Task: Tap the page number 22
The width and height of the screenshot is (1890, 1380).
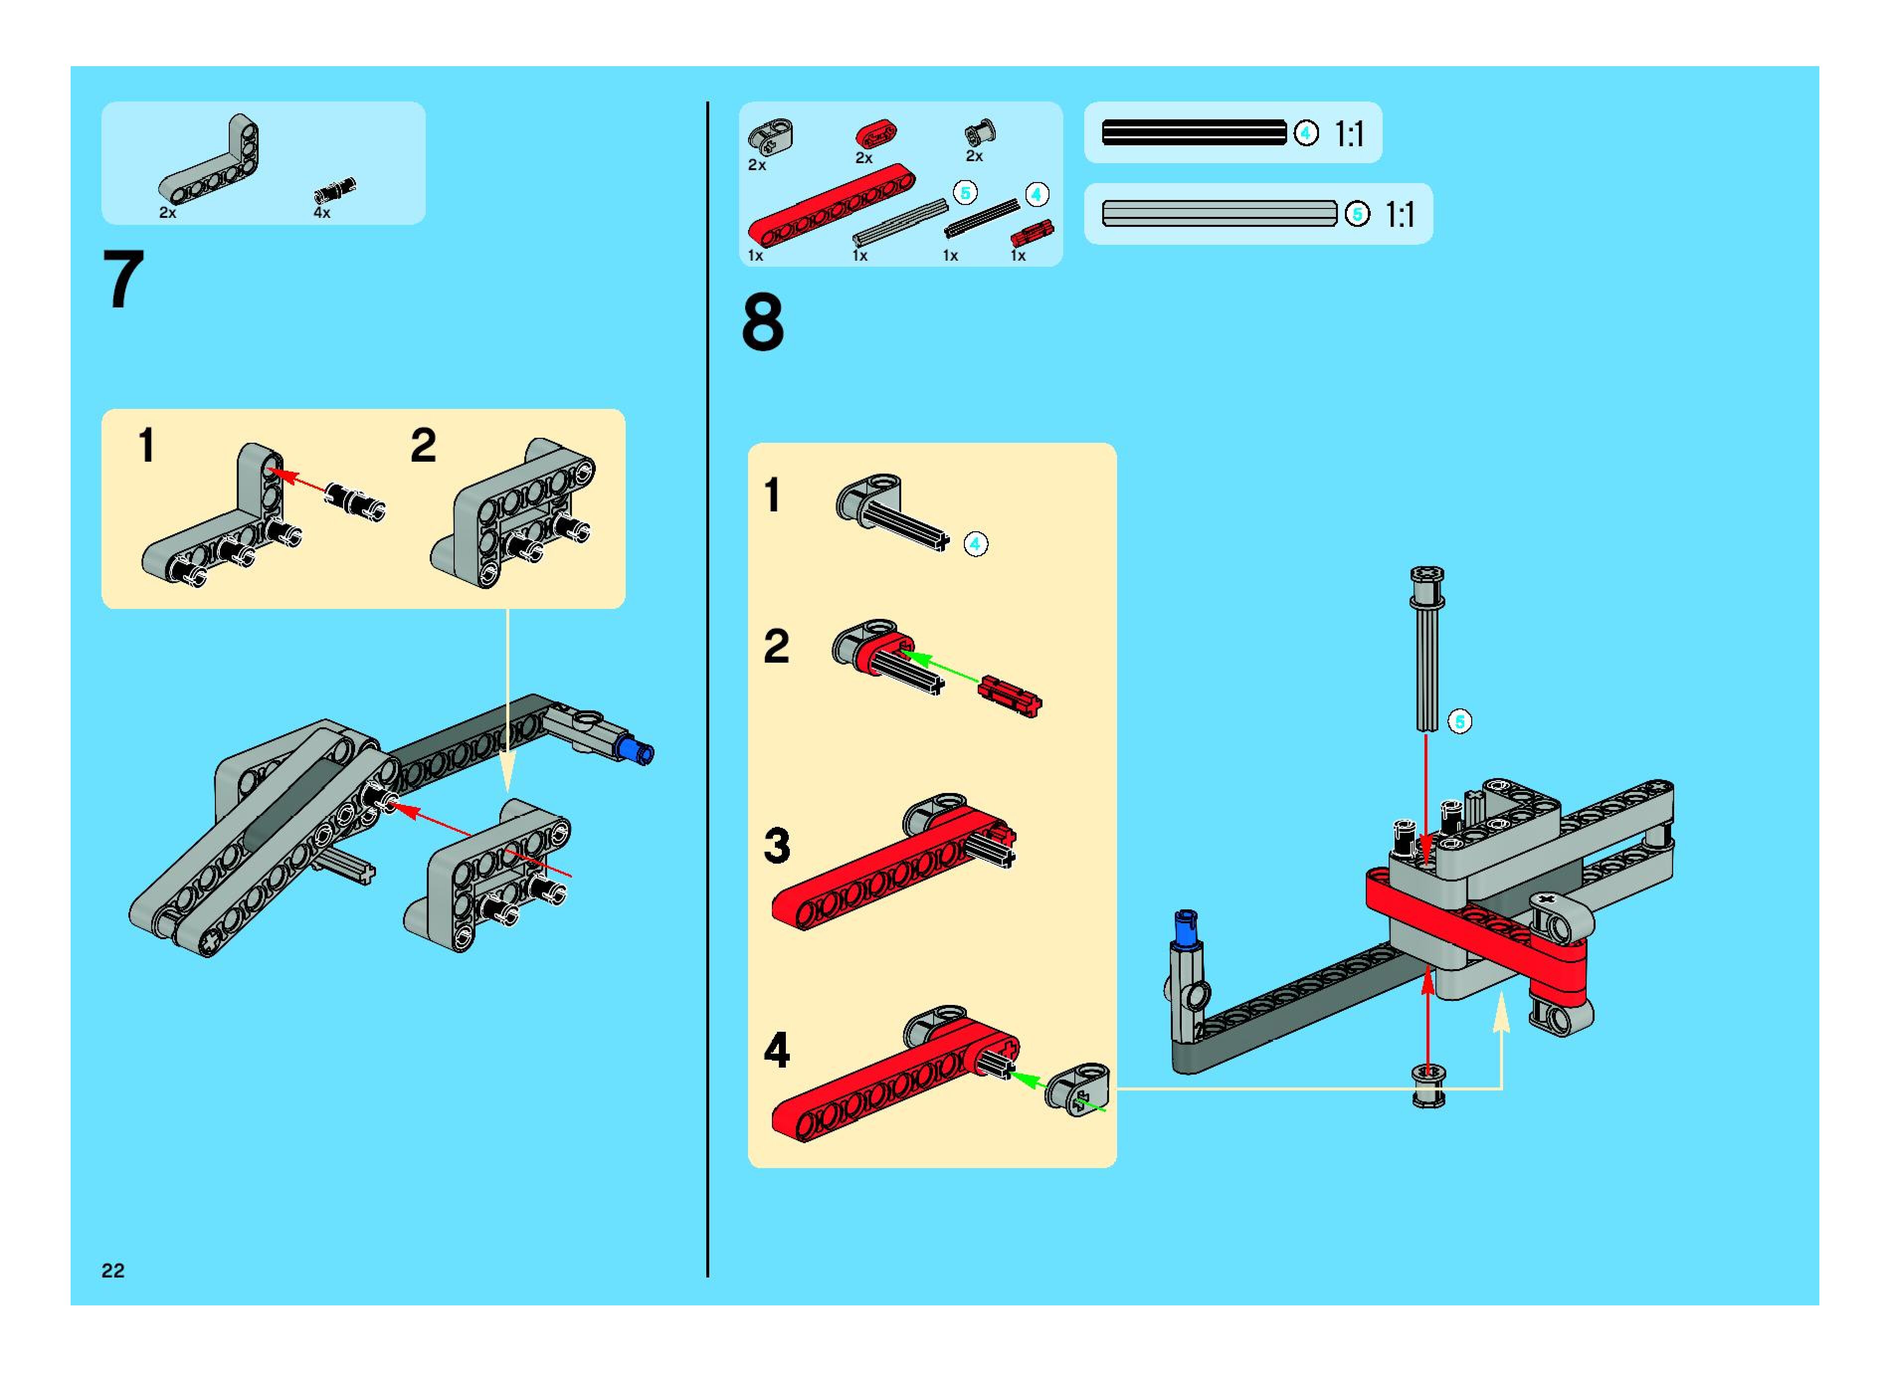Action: (x=113, y=1271)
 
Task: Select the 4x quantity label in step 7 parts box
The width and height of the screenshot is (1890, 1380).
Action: (x=321, y=213)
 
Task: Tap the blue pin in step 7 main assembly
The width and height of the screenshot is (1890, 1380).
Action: (x=637, y=749)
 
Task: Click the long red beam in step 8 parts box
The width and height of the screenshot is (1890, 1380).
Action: (x=831, y=204)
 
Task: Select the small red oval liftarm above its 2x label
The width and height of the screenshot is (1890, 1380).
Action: (x=875, y=134)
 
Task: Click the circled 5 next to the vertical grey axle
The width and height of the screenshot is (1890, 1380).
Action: (x=1459, y=722)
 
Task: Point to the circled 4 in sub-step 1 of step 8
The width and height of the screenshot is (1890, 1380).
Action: (x=975, y=545)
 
